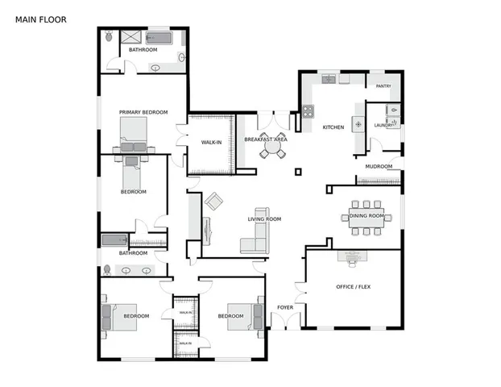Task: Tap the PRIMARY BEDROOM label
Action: point(143,112)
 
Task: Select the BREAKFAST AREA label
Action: point(266,139)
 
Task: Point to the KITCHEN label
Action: point(333,127)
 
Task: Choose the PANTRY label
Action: point(383,85)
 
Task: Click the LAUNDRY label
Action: point(383,125)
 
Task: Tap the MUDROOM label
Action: point(379,167)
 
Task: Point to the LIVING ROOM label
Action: point(263,219)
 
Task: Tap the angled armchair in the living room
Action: point(213,202)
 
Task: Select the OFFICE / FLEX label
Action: point(353,287)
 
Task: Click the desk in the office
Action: point(353,257)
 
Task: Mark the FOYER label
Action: point(285,307)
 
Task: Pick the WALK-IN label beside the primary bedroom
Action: point(211,143)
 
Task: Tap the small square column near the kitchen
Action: point(298,171)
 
